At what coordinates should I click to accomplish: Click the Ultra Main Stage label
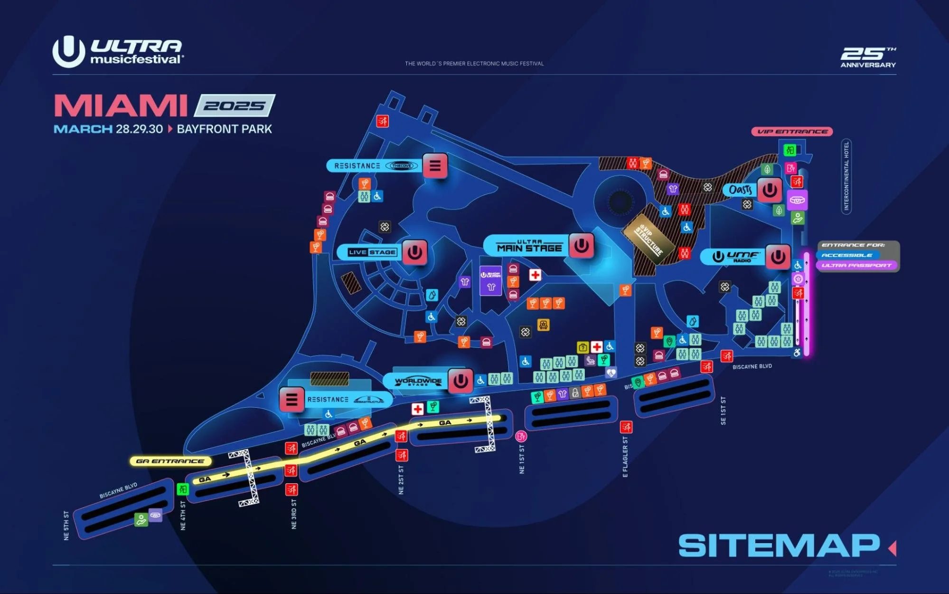click(x=529, y=246)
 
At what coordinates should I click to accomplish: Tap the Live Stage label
click(x=371, y=252)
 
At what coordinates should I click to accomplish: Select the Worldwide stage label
click(x=418, y=381)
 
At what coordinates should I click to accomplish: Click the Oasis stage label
click(x=740, y=190)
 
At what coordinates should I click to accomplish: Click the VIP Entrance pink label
click(x=792, y=132)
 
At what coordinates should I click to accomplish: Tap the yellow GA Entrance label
click(x=170, y=461)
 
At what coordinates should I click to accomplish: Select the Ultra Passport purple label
click(x=856, y=266)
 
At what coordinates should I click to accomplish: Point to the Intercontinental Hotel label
click(x=846, y=176)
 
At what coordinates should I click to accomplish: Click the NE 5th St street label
click(x=66, y=525)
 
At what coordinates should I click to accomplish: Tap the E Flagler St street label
click(x=625, y=457)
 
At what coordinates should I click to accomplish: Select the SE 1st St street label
click(x=723, y=410)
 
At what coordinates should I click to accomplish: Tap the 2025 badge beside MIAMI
click(x=234, y=105)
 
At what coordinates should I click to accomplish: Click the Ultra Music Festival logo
click(x=117, y=51)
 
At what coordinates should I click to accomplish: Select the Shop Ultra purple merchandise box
click(x=490, y=281)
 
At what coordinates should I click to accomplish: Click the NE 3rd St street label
click(x=294, y=514)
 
